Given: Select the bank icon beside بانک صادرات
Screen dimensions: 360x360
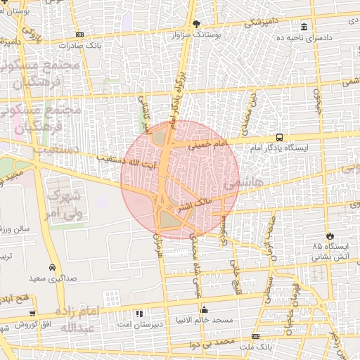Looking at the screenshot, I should click(79, 34).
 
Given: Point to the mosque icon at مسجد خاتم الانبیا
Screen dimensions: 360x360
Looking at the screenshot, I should click(204, 309).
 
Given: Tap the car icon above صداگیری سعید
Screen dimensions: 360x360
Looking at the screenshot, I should click(53, 268).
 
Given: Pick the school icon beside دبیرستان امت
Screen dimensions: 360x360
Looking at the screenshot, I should click(139, 314).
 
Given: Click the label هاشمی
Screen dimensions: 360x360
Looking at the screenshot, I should click(240, 184).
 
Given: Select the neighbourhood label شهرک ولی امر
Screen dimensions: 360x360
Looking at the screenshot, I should click(64, 204).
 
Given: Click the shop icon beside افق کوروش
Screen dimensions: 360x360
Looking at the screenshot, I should click(6, 325).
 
